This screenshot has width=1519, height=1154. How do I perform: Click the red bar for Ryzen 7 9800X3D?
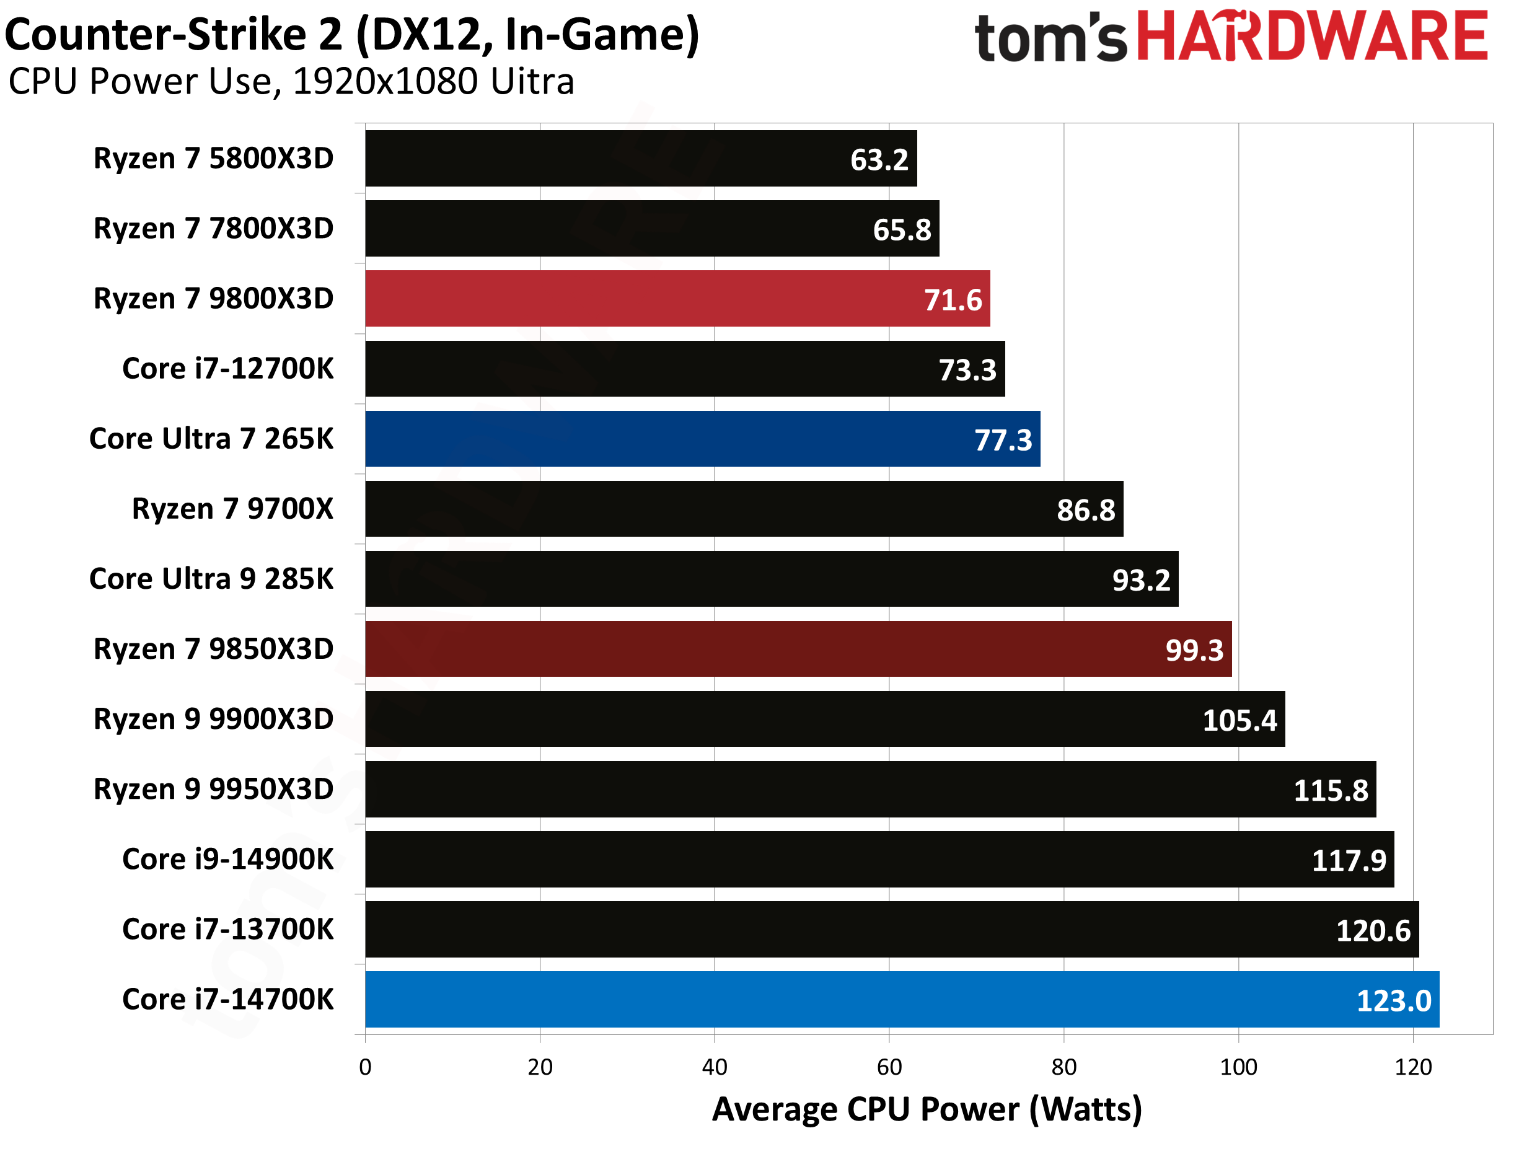point(676,299)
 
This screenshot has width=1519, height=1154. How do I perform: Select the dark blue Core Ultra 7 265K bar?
point(702,439)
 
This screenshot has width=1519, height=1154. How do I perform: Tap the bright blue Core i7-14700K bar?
point(901,1000)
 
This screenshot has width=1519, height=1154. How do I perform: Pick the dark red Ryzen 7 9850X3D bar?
point(798,649)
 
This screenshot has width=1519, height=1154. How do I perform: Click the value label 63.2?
point(879,160)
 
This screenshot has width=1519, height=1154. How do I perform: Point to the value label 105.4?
point(1239,721)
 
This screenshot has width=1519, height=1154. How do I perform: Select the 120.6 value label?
point(1372,931)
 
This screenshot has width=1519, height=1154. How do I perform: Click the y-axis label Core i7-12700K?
point(227,369)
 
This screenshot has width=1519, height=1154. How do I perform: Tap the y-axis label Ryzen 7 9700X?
point(232,509)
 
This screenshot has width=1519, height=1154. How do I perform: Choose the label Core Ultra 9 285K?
point(211,579)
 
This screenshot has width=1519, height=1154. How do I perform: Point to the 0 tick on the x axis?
point(365,1067)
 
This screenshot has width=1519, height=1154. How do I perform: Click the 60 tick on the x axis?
point(889,1067)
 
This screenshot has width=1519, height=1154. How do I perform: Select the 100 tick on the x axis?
point(1238,1067)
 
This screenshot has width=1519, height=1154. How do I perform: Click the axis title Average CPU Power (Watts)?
point(927,1109)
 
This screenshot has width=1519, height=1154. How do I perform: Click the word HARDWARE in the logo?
point(1311,36)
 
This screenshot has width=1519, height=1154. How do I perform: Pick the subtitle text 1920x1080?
point(385,82)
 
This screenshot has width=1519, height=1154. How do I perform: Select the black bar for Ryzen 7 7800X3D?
point(651,229)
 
